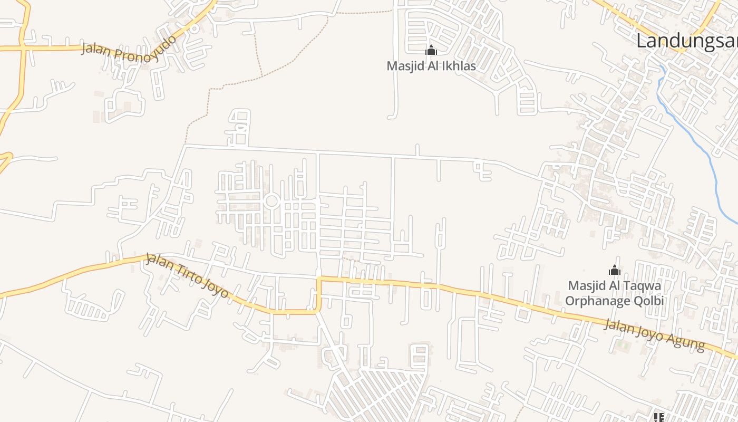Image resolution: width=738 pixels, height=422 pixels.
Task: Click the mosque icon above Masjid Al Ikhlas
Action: [431, 51]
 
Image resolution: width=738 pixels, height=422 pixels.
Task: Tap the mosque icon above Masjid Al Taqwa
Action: [614, 271]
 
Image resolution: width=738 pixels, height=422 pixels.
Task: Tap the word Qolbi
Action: [648, 301]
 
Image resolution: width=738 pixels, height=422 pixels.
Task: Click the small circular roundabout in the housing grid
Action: [272, 200]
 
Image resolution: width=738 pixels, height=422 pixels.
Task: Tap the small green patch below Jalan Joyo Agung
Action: [624, 346]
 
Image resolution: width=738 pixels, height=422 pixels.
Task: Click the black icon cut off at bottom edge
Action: [658, 418]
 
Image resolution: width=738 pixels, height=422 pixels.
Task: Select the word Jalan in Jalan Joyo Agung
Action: [618, 325]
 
